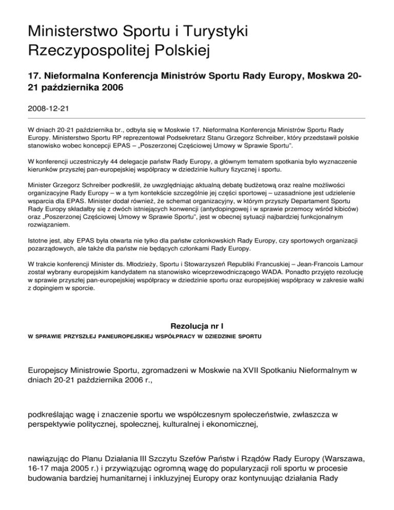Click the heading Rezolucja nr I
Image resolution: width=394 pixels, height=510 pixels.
(196, 326)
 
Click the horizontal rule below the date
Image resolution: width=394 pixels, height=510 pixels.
(196, 118)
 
